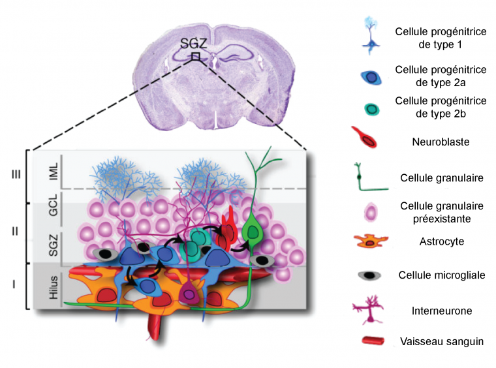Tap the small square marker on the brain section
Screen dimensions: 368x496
(195, 57)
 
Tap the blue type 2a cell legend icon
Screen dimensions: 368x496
(371, 77)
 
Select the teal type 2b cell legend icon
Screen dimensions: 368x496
(371, 108)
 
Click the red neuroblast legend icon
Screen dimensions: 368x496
(367, 139)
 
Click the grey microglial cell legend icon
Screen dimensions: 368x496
(370, 275)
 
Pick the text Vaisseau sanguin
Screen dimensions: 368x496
(442, 341)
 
